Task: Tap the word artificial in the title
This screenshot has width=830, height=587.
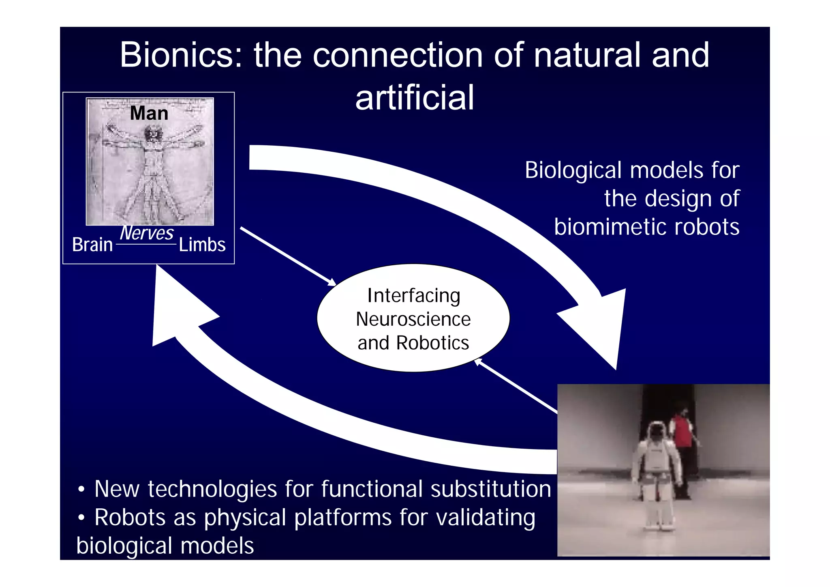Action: point(414,98)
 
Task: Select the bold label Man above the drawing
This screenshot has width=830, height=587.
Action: point(149,113)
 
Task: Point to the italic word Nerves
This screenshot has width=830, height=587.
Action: point(147,233)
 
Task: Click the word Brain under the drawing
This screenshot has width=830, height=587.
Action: point(92,245)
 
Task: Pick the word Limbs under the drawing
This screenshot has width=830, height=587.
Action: point(202,245)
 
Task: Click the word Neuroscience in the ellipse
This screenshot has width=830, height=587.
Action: point(413,319)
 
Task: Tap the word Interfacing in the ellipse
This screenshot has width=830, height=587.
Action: point(413,296)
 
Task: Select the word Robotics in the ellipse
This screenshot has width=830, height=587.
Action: point(432,343)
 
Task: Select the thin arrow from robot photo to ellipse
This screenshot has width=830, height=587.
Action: point(517,387)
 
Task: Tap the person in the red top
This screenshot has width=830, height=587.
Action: point(684,442)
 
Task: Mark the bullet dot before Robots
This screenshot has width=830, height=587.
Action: point(81,518)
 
